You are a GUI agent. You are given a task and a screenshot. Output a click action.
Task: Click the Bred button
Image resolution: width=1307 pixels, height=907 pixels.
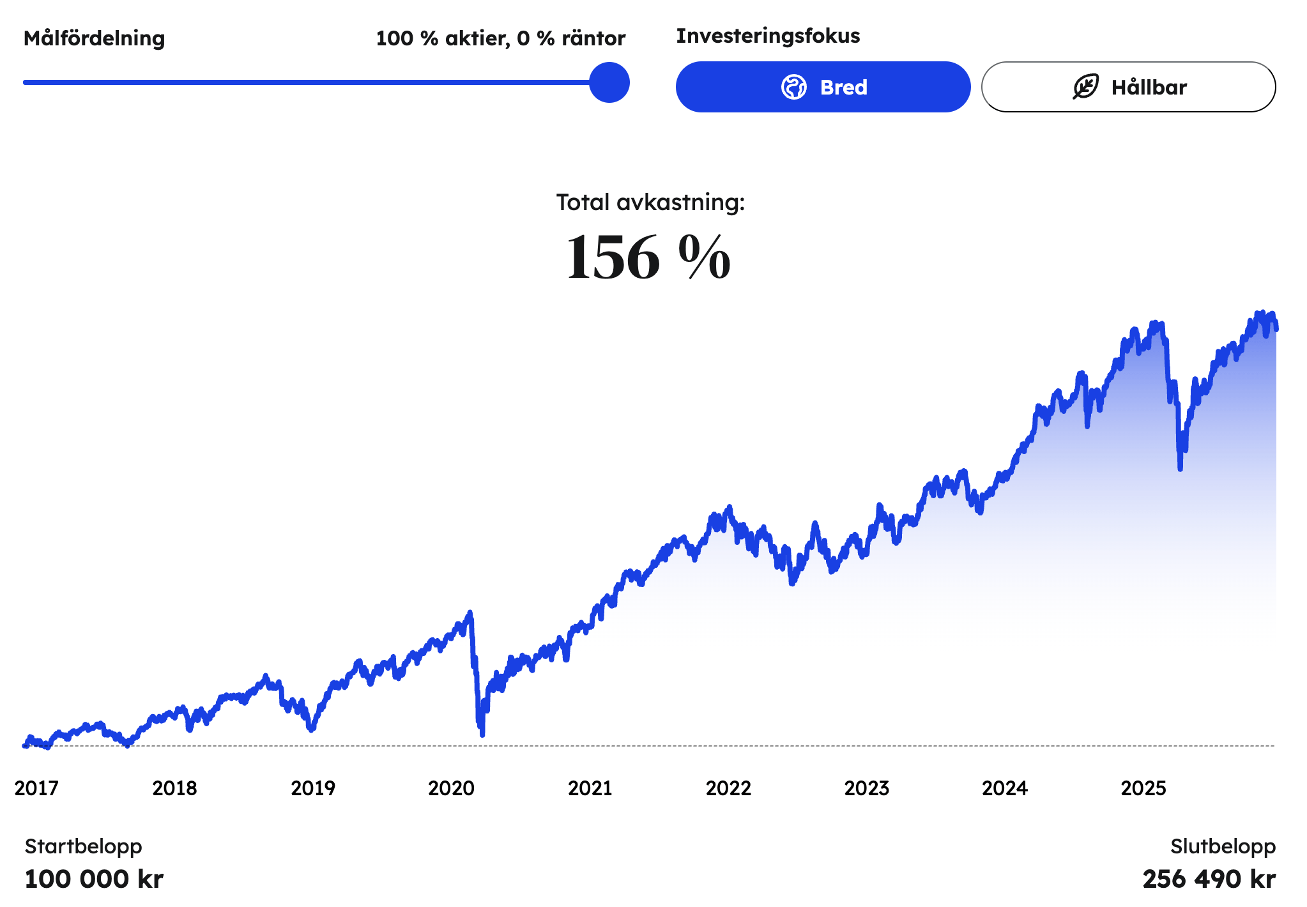tap(823, 87)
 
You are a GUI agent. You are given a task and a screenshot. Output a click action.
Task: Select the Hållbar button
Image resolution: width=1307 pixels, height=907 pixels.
tap(1128, 87)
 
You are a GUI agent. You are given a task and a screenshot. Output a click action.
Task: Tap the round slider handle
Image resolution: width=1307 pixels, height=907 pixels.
tap(609, 82)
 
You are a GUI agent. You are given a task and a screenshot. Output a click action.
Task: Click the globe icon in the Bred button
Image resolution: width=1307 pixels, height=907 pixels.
tap(794, 87)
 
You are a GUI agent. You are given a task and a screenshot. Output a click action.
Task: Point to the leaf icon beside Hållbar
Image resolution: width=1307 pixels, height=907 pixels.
tap(1085, 87)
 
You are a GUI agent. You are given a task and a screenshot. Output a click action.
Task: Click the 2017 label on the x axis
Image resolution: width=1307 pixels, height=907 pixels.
tap(36, 788)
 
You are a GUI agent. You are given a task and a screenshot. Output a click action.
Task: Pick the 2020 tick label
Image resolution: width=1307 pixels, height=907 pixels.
tap(451, 788)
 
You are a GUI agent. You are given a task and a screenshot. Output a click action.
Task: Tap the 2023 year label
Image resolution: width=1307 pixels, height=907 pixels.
tap(867, 788)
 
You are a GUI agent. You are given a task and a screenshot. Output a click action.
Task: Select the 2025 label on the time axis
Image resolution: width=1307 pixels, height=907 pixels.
tap(1143, 788)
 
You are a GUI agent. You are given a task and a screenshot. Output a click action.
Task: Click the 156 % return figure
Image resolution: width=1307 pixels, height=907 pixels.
tap(648, 257)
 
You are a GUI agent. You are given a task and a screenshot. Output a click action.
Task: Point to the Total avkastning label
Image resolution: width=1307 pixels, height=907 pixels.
tap(650, 202)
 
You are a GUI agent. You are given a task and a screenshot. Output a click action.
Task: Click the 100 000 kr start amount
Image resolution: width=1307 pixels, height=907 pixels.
tap(94, 879)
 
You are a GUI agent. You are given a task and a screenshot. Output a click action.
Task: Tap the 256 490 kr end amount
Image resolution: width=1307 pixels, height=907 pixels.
tap(1209, 879)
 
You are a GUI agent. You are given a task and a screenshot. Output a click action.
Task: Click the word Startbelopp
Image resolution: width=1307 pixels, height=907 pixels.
tap(83, 846)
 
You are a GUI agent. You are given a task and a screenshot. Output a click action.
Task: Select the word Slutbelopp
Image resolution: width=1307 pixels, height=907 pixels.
tap(1223, 846)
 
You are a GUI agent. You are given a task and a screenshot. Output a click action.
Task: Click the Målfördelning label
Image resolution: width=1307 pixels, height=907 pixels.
tap(94, 38)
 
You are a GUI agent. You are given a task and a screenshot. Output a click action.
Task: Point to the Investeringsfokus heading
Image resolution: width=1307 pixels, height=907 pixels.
tap(768, 36)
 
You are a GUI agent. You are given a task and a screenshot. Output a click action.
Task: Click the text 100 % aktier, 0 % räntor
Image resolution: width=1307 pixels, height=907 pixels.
tap(500, 38)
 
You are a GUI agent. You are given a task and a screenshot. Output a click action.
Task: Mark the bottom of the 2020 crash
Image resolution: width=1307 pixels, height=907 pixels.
tap(482, 734)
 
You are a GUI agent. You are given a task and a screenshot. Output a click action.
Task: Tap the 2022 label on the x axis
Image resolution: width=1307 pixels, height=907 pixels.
tap(728, 788)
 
